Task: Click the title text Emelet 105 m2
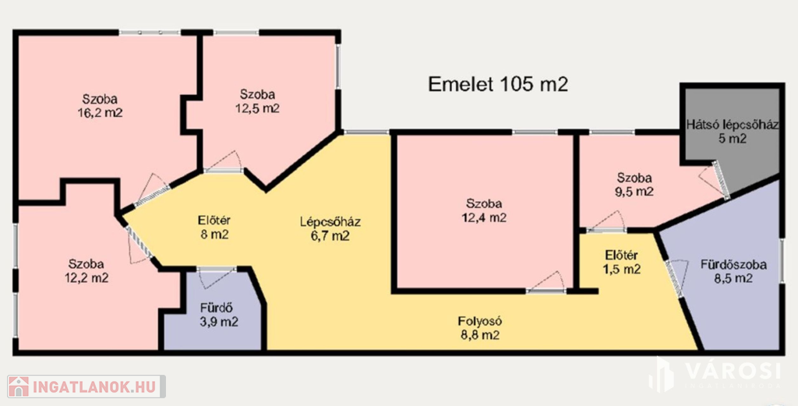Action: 498,84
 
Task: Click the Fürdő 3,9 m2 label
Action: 219,314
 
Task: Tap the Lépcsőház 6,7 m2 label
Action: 330,228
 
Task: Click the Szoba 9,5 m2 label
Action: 634,185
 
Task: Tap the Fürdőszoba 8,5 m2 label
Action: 733,271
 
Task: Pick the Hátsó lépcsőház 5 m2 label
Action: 732,131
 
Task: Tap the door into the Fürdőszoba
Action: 676,277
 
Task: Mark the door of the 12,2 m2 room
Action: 139,245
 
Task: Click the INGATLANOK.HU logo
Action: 86,387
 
